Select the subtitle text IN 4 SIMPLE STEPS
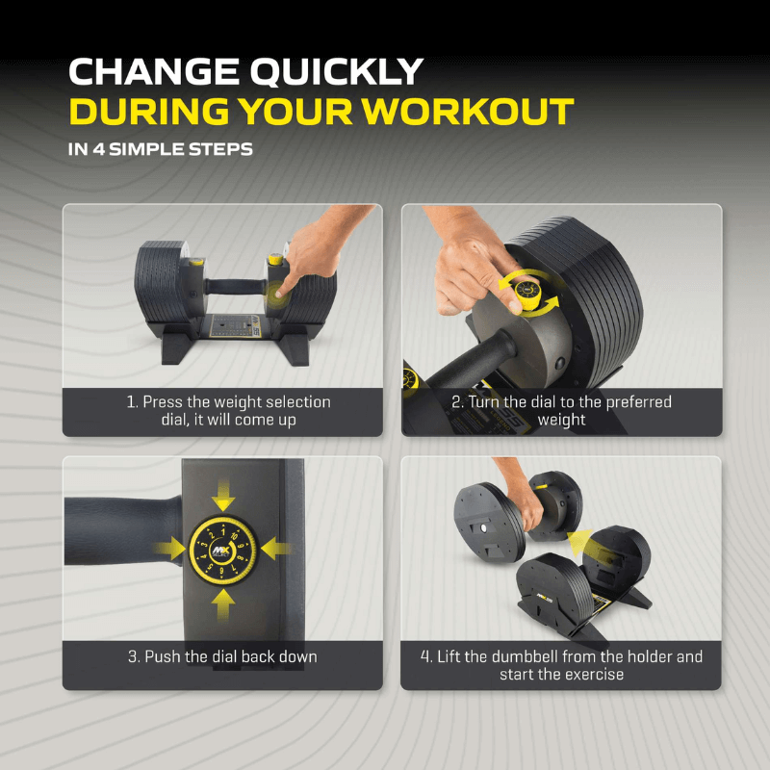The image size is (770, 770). [x=161, y=149]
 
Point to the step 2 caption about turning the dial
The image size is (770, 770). [x=561, y=411]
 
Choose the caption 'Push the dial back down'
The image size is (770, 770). [x=222, y=656]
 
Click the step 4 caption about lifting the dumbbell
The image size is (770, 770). [x=561, y=665]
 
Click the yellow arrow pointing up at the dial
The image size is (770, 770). [x=223, y=602]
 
